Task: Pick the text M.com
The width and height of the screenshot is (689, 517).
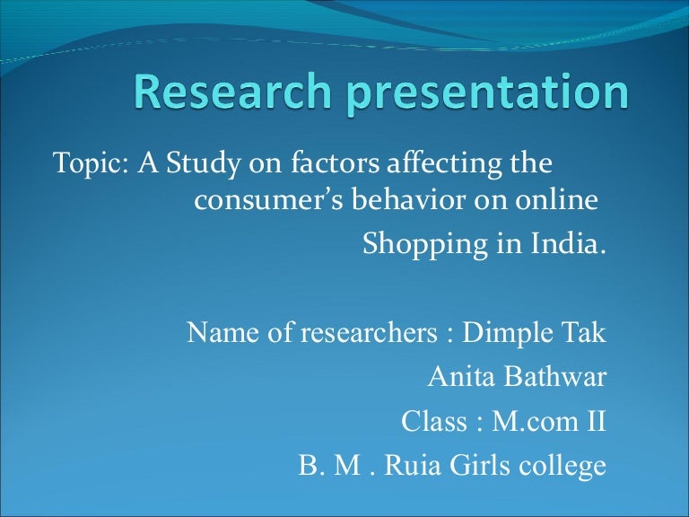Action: coord(528,421)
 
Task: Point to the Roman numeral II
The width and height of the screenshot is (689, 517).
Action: coord(595,421)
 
